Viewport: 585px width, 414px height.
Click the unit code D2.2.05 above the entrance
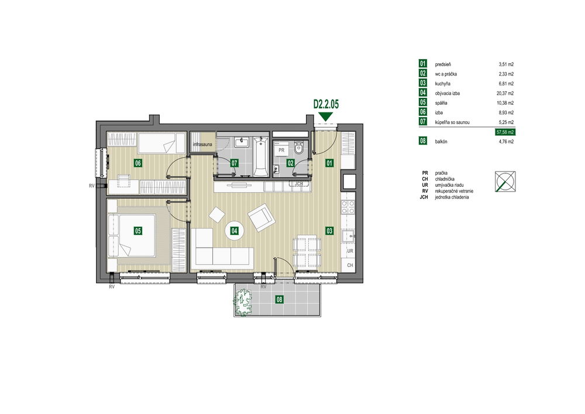pyautogui.click(x=326, y=104)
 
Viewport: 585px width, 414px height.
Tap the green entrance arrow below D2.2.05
pyautogui.click(x=326, y=117)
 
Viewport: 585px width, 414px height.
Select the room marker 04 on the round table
pyautogui.click(x=235, y=231)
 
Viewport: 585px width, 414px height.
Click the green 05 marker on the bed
pyautogui.click(x=137, y=231)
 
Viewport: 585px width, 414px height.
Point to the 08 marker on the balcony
pyautogui.click(x=279, y=299)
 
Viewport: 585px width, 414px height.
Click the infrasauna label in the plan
pyautogui.click(x=202, y=144)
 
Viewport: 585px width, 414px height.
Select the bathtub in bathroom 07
pyautogui.click(x=260, y=157)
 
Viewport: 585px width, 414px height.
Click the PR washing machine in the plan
pyautogui.click(x=281, y=150)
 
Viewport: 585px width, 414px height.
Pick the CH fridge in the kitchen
pyautogui.click(x=350, y=265)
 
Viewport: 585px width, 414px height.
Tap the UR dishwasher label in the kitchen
pyautogui.click(x=350, y=251)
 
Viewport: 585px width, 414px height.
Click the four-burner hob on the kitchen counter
pyautogui.click(x=347, y=207)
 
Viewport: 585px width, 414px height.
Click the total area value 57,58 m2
pyautogui.click(x=505, y=132)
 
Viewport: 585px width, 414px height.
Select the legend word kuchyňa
pyautogui.click(x=442, y=84)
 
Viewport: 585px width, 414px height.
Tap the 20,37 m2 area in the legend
pyautogui.click(x=505, y=93)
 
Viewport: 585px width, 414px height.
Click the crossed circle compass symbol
pyautogui.click(x=505, y=182)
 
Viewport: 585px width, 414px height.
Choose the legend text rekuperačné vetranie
pyautogui.click(x=454, y=191)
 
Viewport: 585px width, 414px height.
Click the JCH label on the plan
pyautogui.click(x=298, y=184)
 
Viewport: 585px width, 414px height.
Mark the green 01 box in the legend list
pyautogui.click(x=423, y=64)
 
